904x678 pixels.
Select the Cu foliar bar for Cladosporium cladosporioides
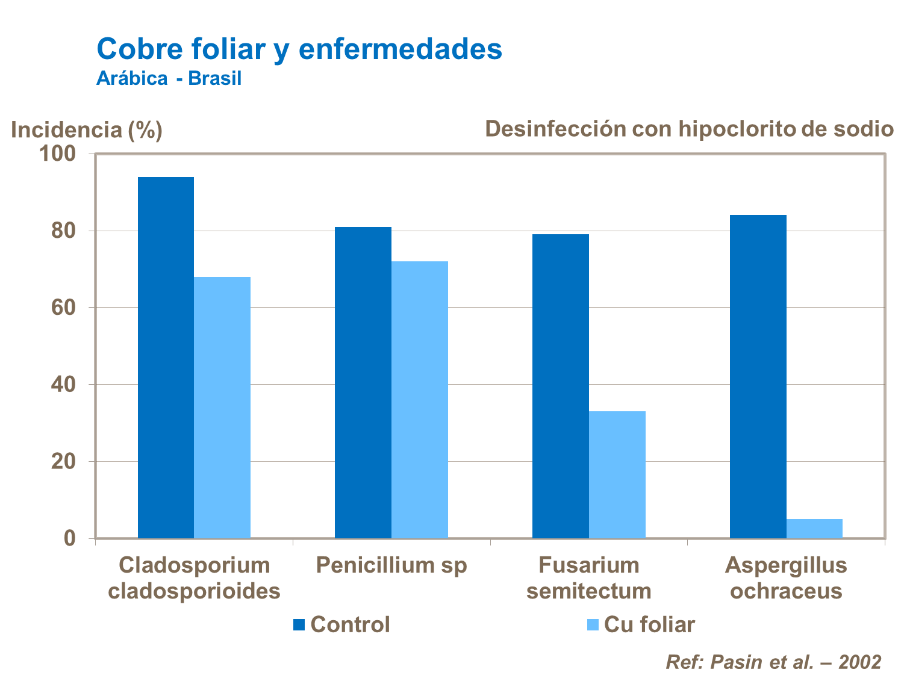pos(222,407)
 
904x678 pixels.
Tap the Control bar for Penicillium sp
pos(363,382)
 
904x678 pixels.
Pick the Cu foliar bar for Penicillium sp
pos(420,399)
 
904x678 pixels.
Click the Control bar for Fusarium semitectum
pos(560,386)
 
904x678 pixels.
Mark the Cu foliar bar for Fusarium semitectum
pos(617,474)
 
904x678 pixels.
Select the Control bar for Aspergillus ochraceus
pos(758,376)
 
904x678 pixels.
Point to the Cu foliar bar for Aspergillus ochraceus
pos(814,529)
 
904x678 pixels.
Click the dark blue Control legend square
pos(299,625)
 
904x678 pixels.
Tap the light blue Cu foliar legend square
pos(593,625)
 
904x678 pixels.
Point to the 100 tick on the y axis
pos(58,154)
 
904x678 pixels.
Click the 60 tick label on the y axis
pos(63,308)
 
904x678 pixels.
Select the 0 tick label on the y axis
pos(70,538)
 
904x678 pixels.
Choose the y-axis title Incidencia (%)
pos(87,130)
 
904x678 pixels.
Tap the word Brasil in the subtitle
pos(214,78)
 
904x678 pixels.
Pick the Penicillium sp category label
pos(391,565)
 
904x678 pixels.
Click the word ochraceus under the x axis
pos(786,591)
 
